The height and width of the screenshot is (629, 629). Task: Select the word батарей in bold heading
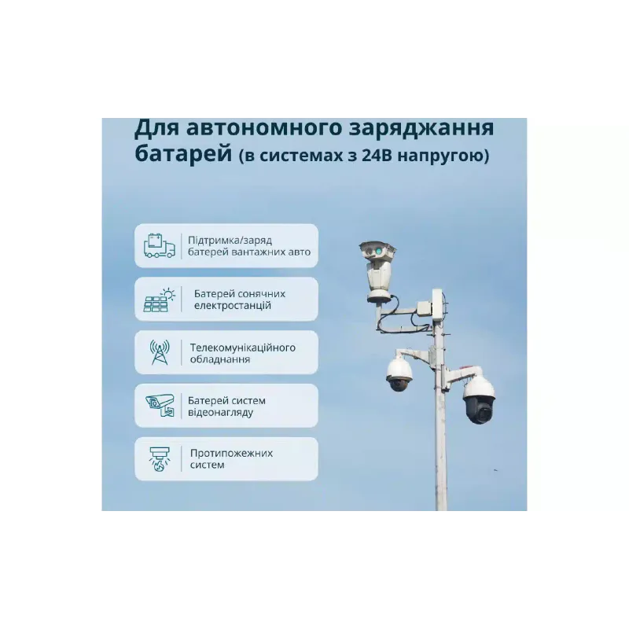[x=182, y=154]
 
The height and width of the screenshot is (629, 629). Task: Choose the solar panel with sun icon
[x=160, y=299]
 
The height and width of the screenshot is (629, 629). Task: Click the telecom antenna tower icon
[x=160, y=352]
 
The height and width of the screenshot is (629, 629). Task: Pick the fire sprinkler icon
[x=160, y=459]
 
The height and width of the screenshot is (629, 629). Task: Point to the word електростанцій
[x=233, y=306]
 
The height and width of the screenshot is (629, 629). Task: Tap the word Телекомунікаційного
[x=242, y=346]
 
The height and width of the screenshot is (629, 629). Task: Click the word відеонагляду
[x=226, y=412]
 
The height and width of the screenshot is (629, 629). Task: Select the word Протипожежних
[x=231, y=453]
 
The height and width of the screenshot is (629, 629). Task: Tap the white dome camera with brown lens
[x=399, y=376]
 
